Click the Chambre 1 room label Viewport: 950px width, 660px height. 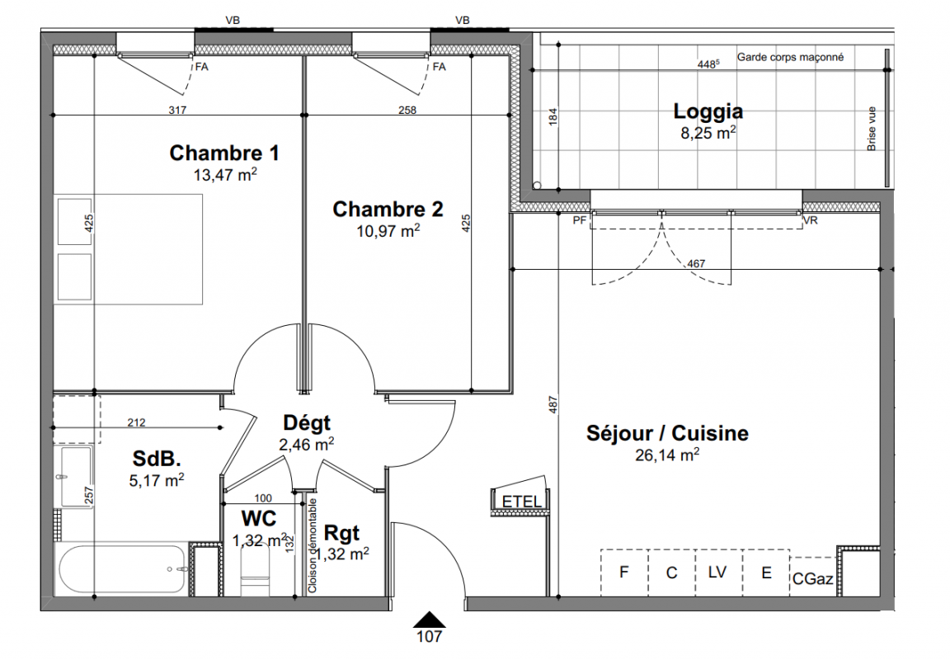point(224,153)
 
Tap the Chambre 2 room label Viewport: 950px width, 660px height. point(388,209)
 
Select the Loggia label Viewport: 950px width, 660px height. point(708,111)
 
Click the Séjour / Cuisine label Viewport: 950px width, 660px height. point(667,433)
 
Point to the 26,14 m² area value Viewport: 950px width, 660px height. point(667,455)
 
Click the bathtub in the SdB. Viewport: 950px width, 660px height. point(120,569)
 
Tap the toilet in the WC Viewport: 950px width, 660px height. point(254,573)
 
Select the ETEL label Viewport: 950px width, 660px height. point(522,502)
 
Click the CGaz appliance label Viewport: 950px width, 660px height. point(812,579)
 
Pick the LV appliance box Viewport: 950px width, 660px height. point(718,572)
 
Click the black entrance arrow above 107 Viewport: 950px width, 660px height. point(429,620)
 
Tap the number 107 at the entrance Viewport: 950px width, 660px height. point(429,636)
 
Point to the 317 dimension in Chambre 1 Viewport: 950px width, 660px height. point(177,111)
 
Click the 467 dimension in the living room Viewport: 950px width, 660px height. point(696,264)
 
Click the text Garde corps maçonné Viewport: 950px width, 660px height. point(790,57)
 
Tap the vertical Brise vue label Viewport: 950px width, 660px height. point(871,129)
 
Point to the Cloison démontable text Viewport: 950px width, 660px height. point(313,545)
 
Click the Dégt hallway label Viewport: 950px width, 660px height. point(307,423)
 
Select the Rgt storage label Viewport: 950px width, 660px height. point(341,533)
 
